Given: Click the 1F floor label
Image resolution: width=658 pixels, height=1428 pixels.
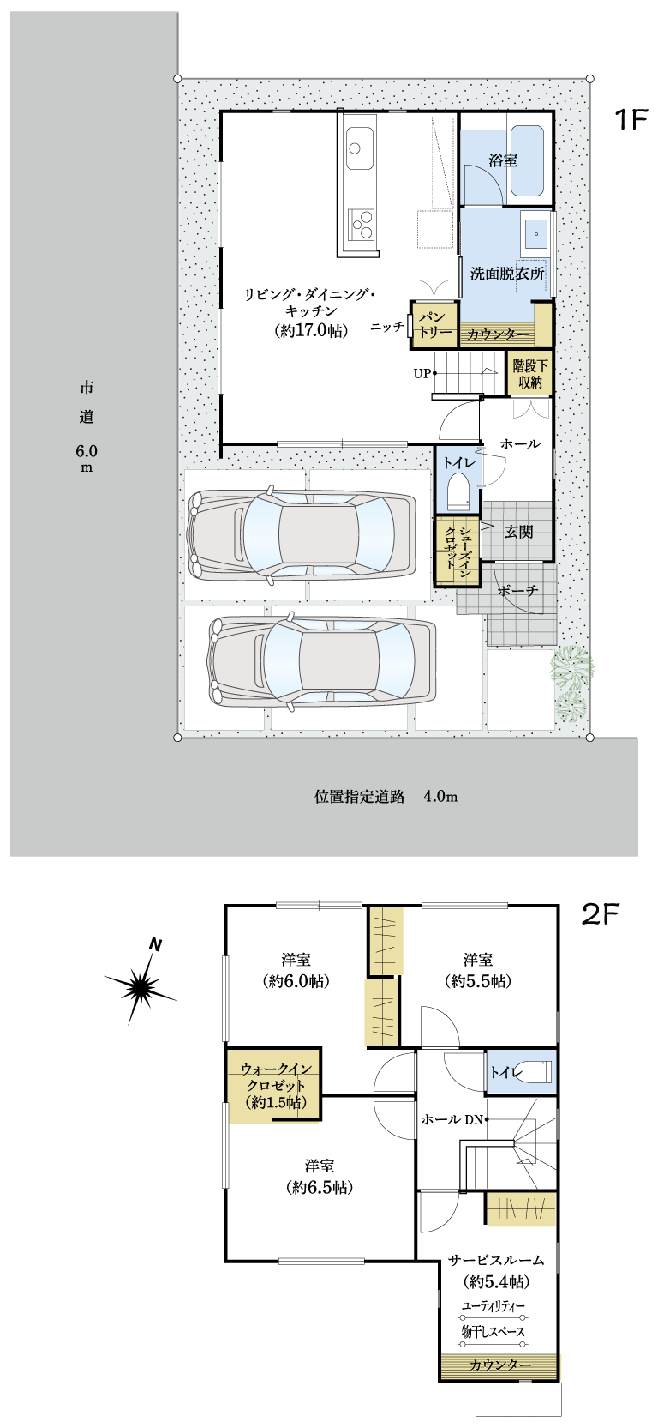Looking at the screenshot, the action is click(x=631, y=119).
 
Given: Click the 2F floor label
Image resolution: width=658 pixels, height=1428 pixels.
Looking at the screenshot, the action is click(x=601, y=915).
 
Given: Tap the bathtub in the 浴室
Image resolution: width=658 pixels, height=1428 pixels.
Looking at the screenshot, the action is click(x=527, y=160).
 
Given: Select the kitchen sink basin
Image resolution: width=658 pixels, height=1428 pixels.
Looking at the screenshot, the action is click(x=359, y=148).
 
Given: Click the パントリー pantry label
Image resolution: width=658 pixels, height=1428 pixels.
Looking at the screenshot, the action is click(x=434, y=324).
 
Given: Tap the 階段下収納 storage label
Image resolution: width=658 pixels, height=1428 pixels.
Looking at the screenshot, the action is click(x=530, y=374).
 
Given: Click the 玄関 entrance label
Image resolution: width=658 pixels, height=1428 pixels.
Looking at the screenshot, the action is click(x=519, y=531).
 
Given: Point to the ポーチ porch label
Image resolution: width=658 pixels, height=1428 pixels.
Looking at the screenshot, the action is click(x=517, y=591).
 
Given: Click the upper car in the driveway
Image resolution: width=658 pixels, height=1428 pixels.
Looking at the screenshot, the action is click(x=301, y=534).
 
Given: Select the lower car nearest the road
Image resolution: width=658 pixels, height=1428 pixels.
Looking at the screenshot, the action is click(x=322, y=663).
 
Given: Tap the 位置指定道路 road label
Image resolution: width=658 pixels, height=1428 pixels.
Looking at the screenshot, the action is click(x=360, y=796).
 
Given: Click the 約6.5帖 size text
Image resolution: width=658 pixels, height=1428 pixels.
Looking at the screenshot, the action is click(x=319, y=1187).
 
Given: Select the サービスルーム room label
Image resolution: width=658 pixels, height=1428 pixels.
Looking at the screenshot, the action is click(x=496, y=1260).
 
